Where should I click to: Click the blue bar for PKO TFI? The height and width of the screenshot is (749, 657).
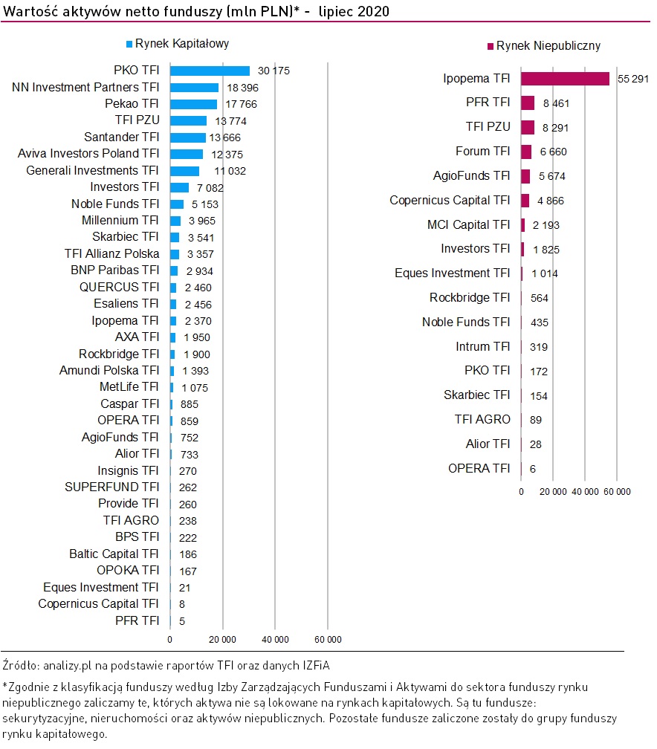pos(210,71)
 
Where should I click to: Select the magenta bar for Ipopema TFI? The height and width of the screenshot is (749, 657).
pos(565,79)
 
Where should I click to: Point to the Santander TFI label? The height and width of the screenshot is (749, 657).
pos(122,137)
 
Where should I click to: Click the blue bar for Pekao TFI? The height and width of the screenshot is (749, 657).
pos(193,104)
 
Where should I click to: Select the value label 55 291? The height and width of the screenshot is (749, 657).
pos(632,79)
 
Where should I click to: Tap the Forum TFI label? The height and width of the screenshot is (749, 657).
pos(482,152)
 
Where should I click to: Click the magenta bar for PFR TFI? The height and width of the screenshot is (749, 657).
pos(528,103)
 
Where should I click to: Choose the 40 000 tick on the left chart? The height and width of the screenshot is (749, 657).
pos(275,639)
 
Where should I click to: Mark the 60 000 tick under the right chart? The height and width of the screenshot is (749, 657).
pos(617,491)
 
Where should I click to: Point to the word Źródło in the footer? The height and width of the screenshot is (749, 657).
pos(20,664)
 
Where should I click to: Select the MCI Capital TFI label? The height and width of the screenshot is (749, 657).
pos(468,224)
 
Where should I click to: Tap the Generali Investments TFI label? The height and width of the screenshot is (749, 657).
pos(92,170)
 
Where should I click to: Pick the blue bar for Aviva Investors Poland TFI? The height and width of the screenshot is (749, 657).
pos(186,154)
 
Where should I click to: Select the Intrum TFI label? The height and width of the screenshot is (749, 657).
pos(482,346)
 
